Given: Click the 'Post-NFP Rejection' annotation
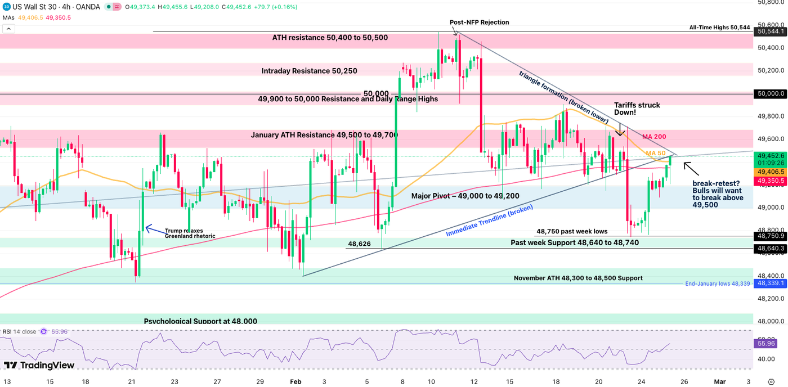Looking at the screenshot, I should [x=479, y=22].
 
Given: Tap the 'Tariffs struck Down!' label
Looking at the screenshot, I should [x=637, y=109].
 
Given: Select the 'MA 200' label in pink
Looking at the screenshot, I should [x=654, y=137].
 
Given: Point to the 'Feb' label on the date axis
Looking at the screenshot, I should [x=295, y=381].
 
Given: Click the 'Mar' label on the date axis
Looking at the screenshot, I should [x=719, y=381].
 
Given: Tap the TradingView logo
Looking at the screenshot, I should [x=39, y=365].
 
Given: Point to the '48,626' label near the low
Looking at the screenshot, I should [x=359, y=244].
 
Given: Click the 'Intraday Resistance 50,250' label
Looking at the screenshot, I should [x=310, y=71].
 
